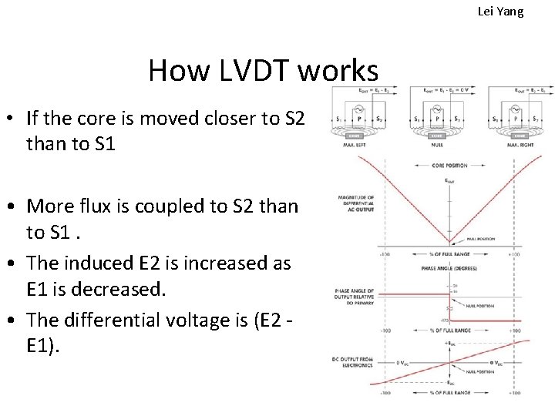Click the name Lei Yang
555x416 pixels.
[x=500, y=12]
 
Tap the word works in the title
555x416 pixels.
[x=337, y=71]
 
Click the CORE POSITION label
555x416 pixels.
[x=449, y=165]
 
